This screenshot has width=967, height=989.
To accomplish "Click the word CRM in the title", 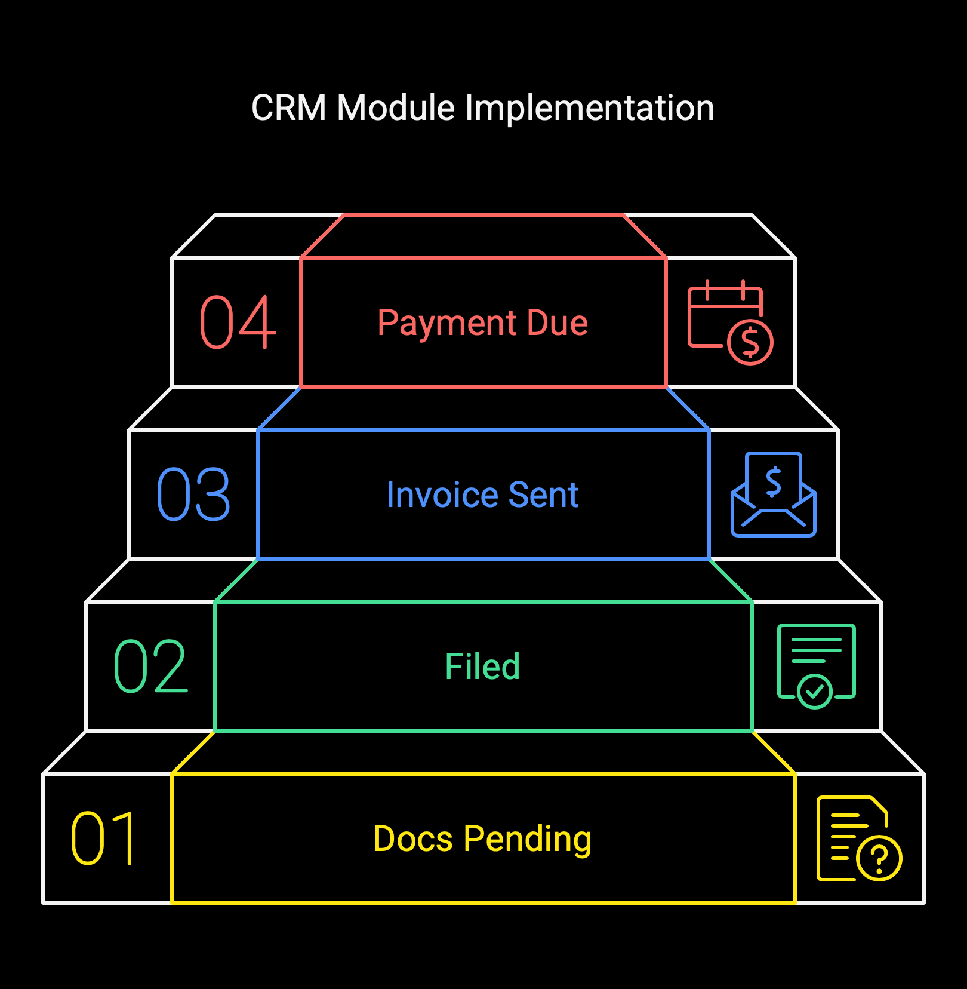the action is coord(289,108).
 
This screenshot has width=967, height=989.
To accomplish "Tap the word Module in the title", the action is coord(396,108).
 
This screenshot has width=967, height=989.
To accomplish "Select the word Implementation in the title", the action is coord(589,108).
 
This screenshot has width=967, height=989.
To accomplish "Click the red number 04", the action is coord(238,322).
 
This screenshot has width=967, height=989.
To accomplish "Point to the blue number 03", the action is coord(193,494).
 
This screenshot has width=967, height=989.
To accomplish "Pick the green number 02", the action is coord(150,666).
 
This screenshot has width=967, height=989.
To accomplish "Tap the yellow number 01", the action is coord(103,838).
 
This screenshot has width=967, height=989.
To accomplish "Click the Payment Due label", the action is coord(483,324).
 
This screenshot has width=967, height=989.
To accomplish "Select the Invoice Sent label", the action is coord(482,495).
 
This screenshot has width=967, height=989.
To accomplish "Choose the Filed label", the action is coord(482,666).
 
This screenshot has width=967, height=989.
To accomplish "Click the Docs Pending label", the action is coord(482,839).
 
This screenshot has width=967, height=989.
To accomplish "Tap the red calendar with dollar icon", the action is coord(731,322).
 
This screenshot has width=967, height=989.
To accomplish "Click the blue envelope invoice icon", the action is coord(774,494).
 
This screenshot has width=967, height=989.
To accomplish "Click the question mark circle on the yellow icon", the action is coord(879,858).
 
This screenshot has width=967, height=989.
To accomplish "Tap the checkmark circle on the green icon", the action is coord(815,692).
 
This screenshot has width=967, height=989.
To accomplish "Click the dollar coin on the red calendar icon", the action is coord(750,342).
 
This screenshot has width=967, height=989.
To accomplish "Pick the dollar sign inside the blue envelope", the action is coord(774,482).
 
